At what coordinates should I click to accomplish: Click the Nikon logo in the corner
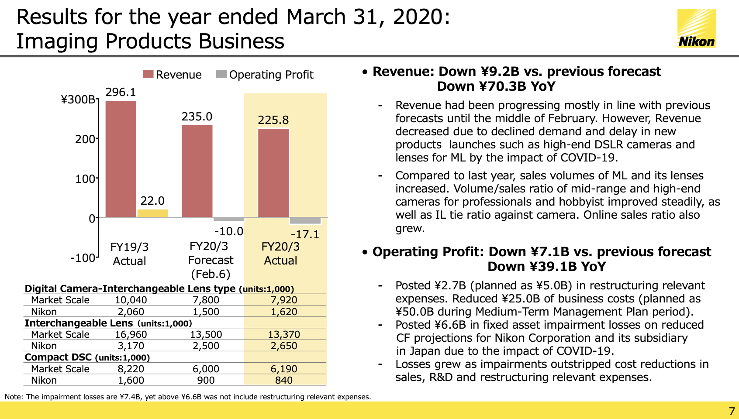coord(697,28)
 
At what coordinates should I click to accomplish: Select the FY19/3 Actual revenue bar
coord(121,159)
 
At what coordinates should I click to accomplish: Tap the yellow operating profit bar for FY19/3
coord(152,213)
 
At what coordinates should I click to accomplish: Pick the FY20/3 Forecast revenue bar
coord(197,171)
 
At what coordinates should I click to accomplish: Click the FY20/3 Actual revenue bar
coord(273,173)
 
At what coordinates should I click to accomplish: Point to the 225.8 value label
coord(273,120)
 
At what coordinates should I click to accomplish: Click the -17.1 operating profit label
coord(305,234)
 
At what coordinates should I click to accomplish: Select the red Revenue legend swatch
coord(148,74)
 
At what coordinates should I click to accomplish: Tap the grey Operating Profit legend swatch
coord(221,74)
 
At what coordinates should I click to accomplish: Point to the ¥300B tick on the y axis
coord(78,99)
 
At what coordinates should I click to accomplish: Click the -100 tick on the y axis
coord(83,258)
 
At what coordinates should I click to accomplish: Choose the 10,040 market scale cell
coord(131,300)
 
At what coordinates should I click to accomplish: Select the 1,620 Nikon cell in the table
coord(284,312)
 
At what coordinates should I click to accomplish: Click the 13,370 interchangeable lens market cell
coord(284,334)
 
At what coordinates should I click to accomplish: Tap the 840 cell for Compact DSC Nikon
coord(284,380)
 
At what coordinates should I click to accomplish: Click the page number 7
coord(732,411)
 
